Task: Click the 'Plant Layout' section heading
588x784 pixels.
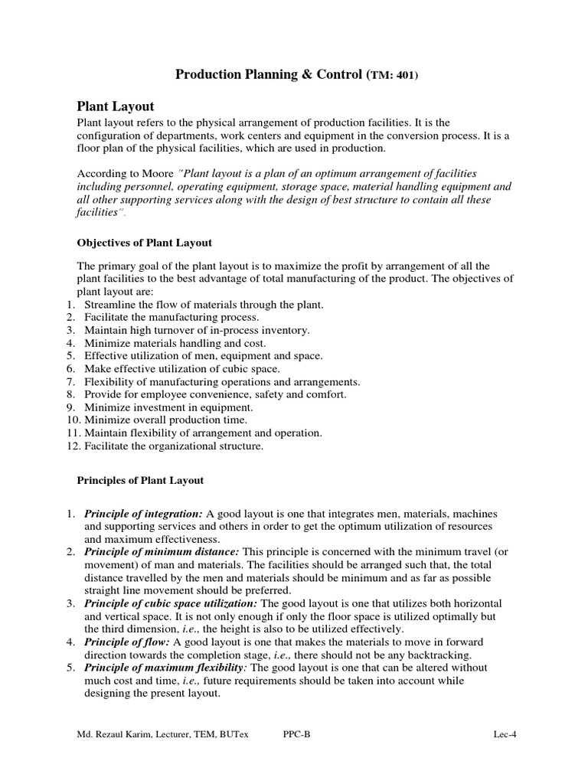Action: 116,106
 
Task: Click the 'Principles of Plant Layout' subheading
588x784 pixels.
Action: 140,481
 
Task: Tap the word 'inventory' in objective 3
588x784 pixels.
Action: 286,330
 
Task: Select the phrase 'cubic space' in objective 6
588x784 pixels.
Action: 230,368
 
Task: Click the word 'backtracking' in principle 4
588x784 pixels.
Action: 432,655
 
